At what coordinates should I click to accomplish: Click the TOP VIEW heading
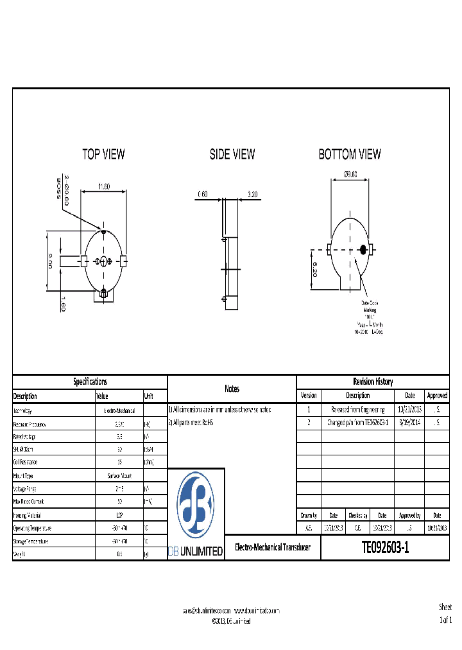pos(103,154)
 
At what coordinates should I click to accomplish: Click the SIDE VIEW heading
pos(232,154)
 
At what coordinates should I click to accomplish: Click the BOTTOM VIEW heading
pos(350,154)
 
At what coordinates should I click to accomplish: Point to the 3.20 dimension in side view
pos(253,193)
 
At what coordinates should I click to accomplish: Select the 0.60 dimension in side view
pos(203,193)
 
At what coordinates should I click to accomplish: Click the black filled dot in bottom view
pos(363,249)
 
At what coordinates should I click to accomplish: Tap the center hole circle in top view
pos(103,260)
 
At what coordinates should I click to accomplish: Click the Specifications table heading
pos(90,382)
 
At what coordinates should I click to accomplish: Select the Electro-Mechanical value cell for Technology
pos(119,410)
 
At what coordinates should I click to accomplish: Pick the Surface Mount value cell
pos(119,476)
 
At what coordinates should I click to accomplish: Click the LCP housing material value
pos(119,514)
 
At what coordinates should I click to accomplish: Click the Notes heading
pos(232,389)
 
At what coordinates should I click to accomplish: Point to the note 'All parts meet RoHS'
pos(191,423)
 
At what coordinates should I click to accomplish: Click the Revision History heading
pos(373,382)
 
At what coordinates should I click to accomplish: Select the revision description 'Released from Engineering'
pos(357,409)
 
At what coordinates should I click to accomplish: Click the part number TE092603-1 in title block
pos(385,547)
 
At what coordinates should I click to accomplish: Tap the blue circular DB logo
pos(196,505)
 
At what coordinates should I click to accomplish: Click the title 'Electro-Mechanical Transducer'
pos(272,547)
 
